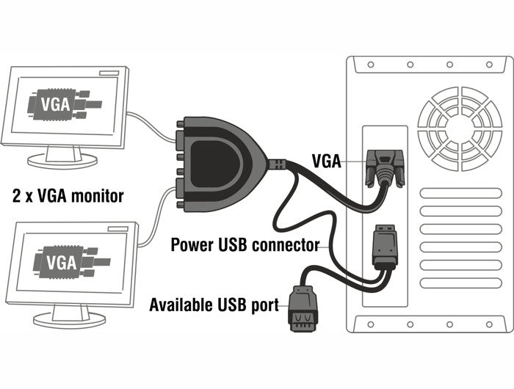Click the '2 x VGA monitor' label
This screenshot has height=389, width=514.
(68, 196)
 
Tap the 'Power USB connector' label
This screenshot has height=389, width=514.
(245, 244)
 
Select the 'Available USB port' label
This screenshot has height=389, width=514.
(214, 304)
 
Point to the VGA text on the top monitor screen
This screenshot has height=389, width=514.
(56, 103)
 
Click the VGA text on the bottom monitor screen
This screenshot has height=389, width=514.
(61, 261)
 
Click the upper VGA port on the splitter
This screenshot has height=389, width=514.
(180, 137)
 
